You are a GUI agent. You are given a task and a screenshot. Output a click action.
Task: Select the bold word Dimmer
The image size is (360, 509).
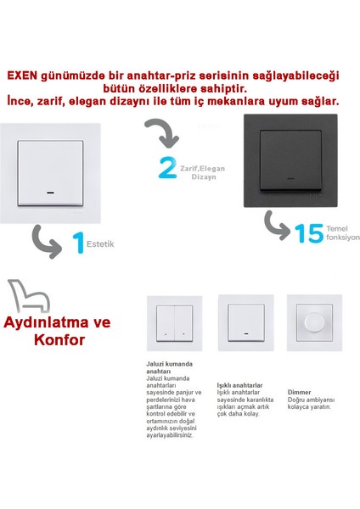(299, 393)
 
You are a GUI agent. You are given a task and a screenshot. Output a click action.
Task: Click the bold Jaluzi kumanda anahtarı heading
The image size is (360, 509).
(171, 366)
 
